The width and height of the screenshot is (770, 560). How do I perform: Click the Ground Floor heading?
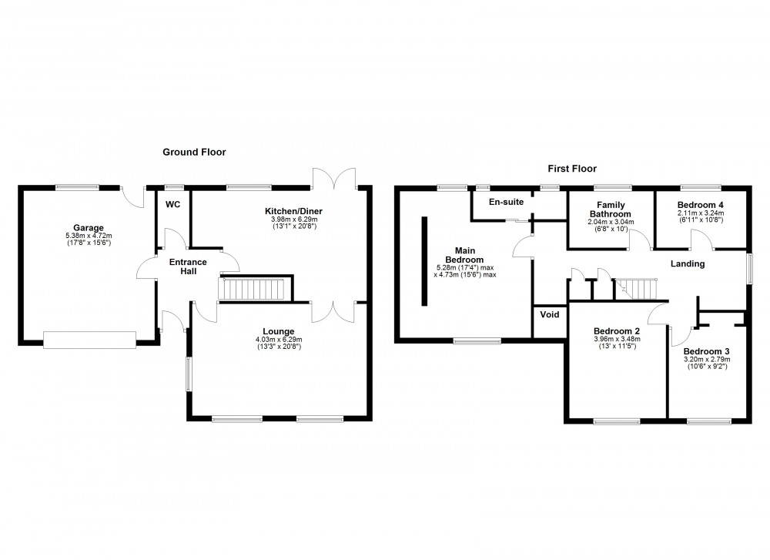[x=194, y=153]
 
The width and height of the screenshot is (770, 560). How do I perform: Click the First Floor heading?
[x=572, y=169]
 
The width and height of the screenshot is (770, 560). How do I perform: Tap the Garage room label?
[x=88, y=227]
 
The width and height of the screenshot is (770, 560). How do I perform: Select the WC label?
[x=172, y=205]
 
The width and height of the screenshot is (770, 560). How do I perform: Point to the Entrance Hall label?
[x=188, y=267]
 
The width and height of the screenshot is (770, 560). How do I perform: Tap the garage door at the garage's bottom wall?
[x=90, y=340]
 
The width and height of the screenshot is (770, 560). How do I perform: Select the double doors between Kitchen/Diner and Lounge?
[x=334, y=310]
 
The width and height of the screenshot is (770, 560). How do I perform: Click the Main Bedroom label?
[x=464, y=255]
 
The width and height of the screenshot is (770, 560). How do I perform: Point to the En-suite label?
[x=507, y=202]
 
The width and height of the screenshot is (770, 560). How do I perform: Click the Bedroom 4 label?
[x=701, y=204]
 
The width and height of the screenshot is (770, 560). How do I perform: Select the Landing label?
[x=688, y=264]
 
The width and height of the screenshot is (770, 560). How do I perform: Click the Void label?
[x=549, y=314]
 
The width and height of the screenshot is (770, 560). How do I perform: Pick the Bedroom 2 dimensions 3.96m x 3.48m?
[x=617, y=339]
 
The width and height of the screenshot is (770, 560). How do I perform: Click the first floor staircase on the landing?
[x=638, y=290]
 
